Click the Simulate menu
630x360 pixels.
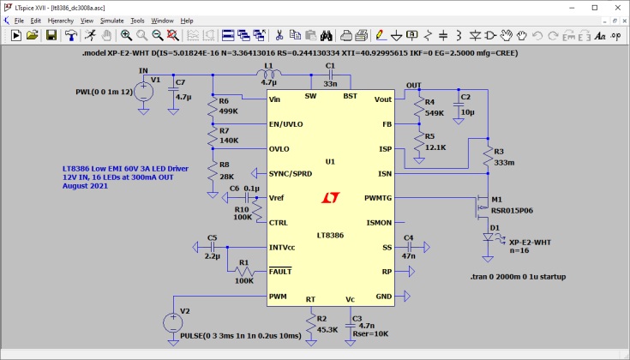click(x=111, y=21)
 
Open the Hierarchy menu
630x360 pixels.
click(x=61, y=21)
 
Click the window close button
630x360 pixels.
click(x=618, y=8)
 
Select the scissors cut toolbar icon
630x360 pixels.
click(x=279, y=35)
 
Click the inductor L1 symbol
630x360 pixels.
click(x=269, y=74)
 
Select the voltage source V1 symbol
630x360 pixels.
click(x=143, y=92)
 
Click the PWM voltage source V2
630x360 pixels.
click(x=173, y=322)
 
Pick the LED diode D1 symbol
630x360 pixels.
click(x=488, y=237)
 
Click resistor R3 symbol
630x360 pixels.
click(x=488, y=156)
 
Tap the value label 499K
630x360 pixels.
click(x=229, y=111)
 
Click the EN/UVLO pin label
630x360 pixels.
click(x=286, y=124)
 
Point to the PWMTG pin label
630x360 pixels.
click(x=378, y=198)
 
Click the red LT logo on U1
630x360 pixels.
click(x=331, y=198)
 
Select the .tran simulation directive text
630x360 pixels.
click(x=518, y=277)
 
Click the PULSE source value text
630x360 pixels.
click(x=241, y=336)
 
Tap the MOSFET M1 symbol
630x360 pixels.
click(x=482, y=208)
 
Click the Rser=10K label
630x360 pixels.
click(x=370, y=334)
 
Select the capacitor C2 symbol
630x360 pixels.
click(x=459, y=105)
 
